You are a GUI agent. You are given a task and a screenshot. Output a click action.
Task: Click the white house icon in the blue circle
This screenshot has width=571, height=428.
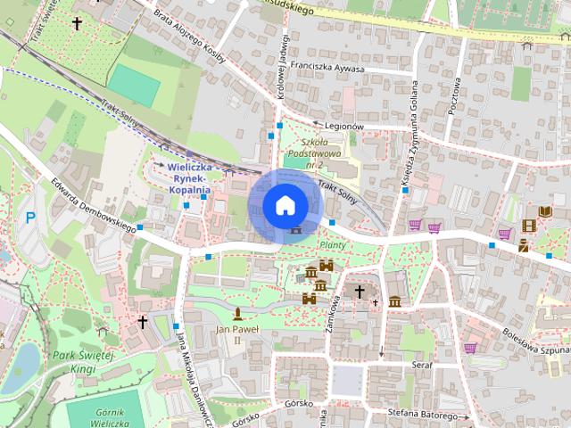285,205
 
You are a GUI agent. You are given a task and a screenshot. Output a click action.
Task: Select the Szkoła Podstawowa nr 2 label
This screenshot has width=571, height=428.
324,153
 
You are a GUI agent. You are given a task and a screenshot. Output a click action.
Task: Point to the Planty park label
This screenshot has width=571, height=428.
332,244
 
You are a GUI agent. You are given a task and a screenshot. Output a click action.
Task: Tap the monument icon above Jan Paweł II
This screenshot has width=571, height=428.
238,313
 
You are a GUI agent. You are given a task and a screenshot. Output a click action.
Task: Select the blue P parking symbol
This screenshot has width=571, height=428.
31,218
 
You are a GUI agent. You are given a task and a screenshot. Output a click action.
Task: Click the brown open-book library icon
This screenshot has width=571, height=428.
544,210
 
